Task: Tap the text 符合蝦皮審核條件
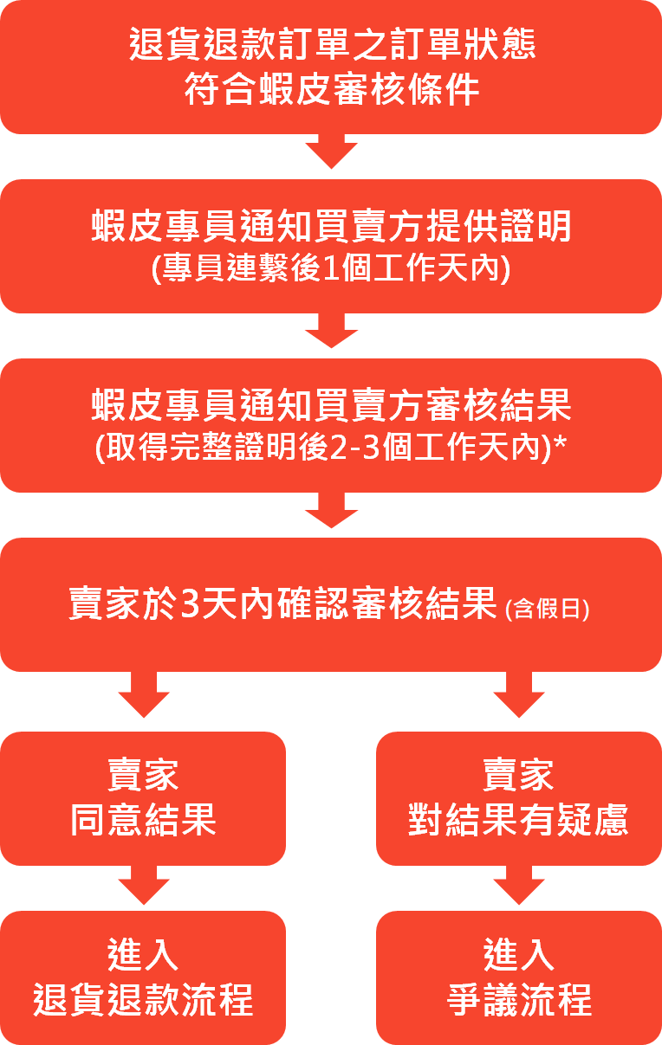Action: point(331,90)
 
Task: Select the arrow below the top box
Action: point(331,152)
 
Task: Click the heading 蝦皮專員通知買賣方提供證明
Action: point(331,227)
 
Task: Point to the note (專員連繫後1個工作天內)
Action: point(331,269)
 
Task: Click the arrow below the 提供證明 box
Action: point(331,331)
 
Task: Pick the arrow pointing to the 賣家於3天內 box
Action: point(331,511)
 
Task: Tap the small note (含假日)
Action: point(547,609)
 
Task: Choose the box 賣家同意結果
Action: point(143,798)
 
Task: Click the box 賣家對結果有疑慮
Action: point(518,798)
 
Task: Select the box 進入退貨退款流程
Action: point(143,977)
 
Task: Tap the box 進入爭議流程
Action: point(518,977)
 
